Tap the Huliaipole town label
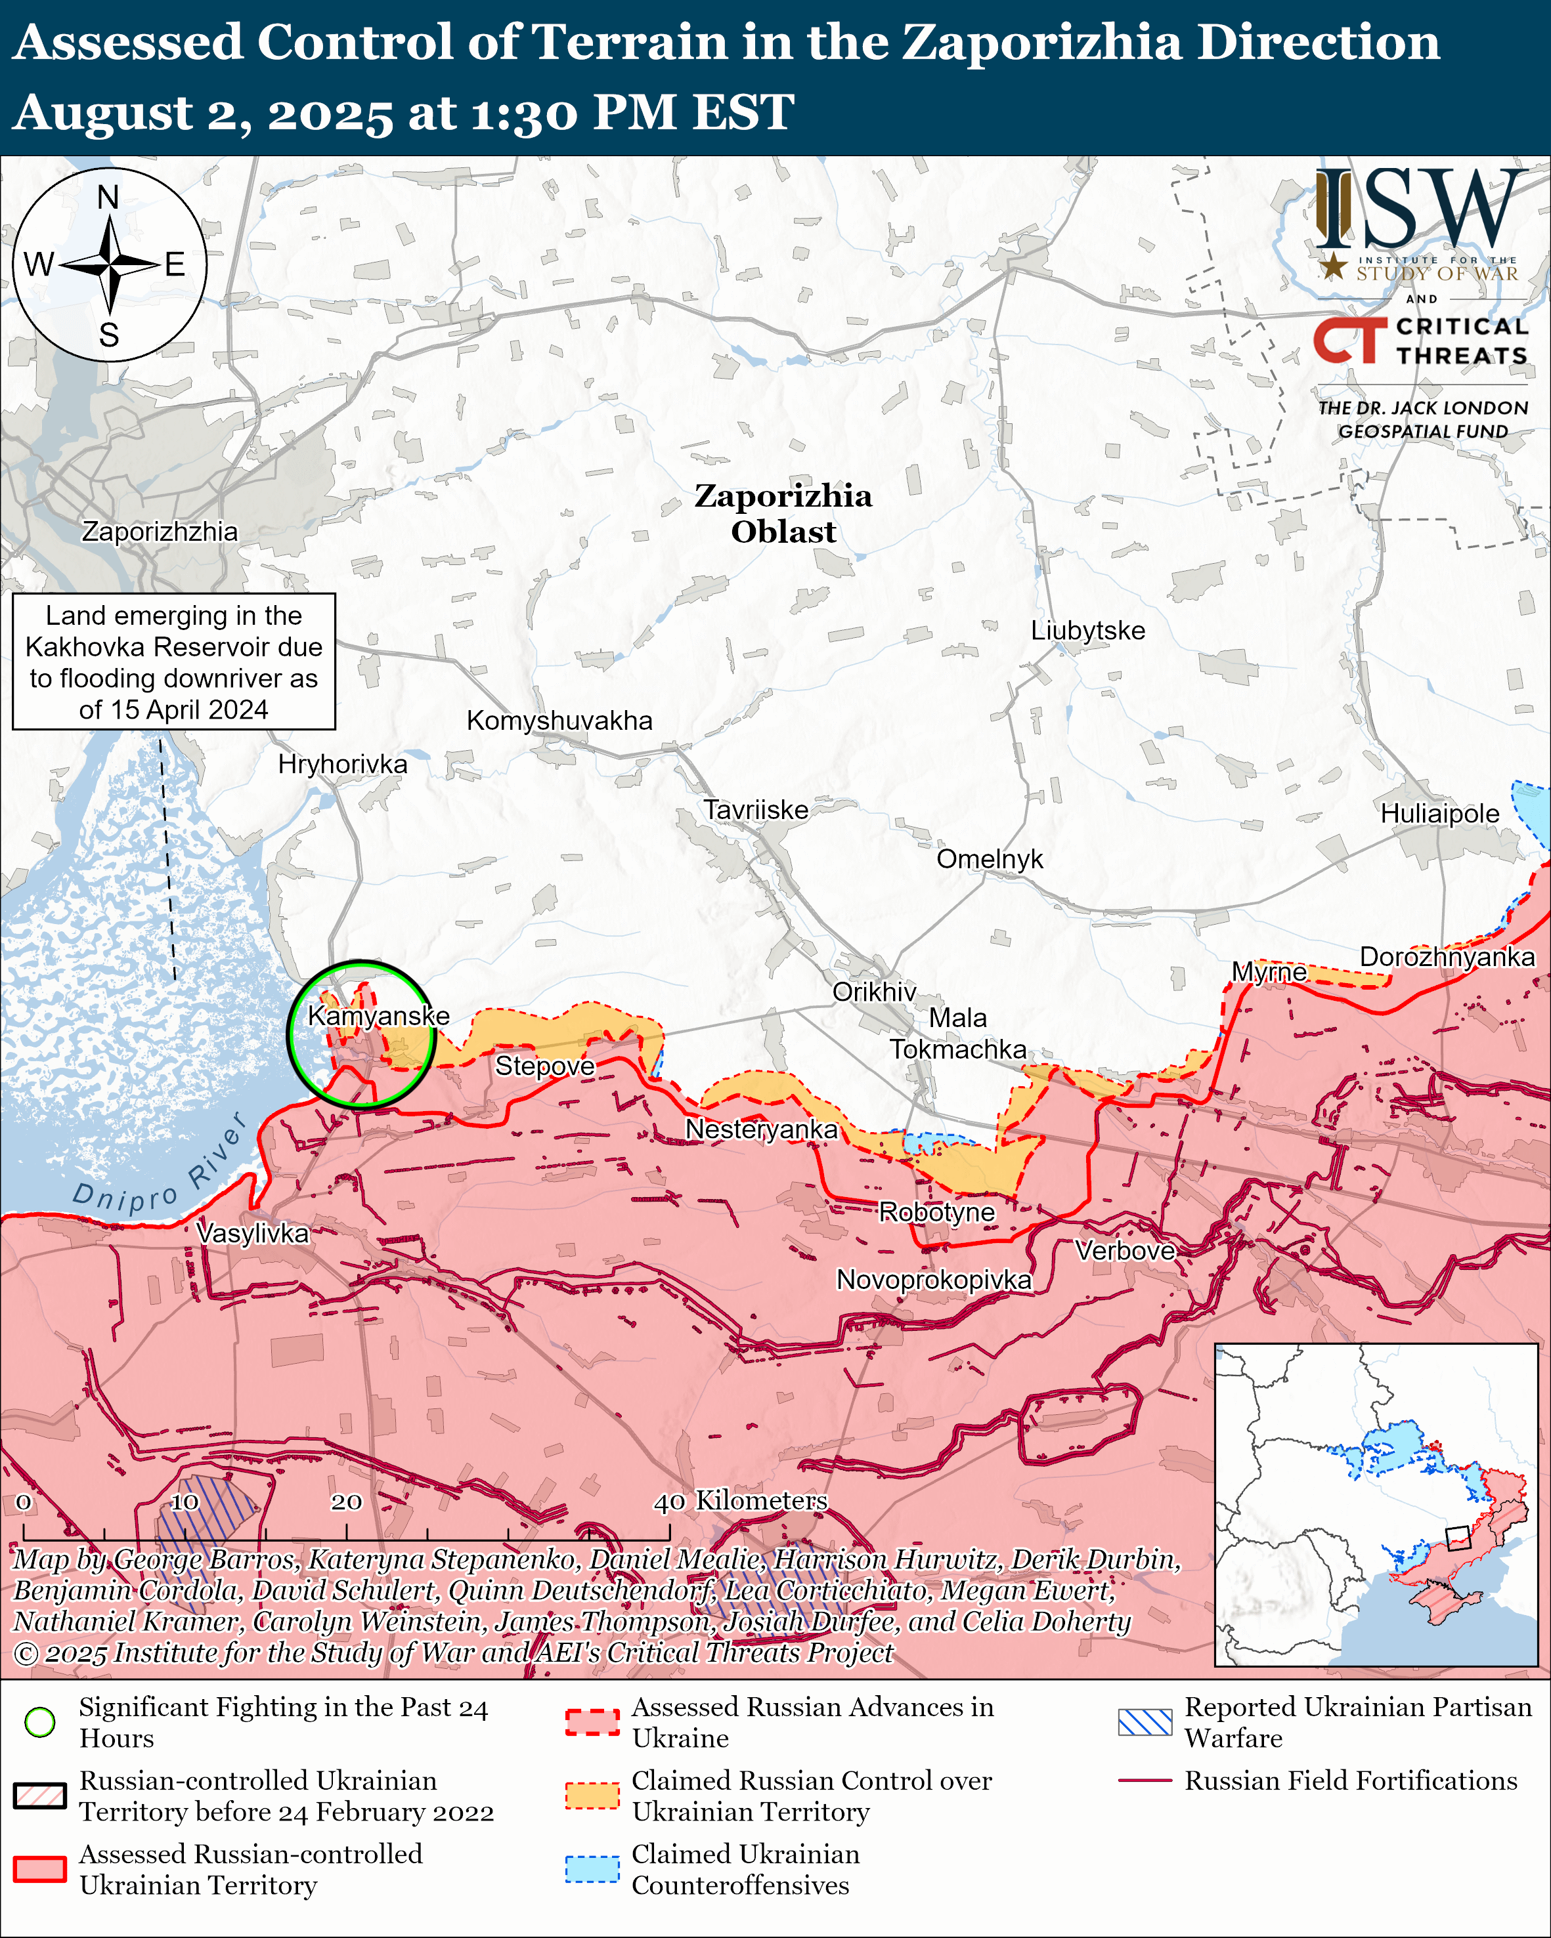pyautogui.click(x=1439, y=814)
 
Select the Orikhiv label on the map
pyautogui.click(x=874, y=992)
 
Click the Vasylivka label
pyautogui.click(x=253, y=1232)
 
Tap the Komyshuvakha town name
pyautogui.click(x=559, y=720)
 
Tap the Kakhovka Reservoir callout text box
pyautogui.click(x=173, y=662)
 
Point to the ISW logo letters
pyautogui.click(x=1420, y=211)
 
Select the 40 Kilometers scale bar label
pyautogui.click(x=740, y=1500)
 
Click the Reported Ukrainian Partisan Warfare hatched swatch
pyautogui.click(x=1145, y=1721)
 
